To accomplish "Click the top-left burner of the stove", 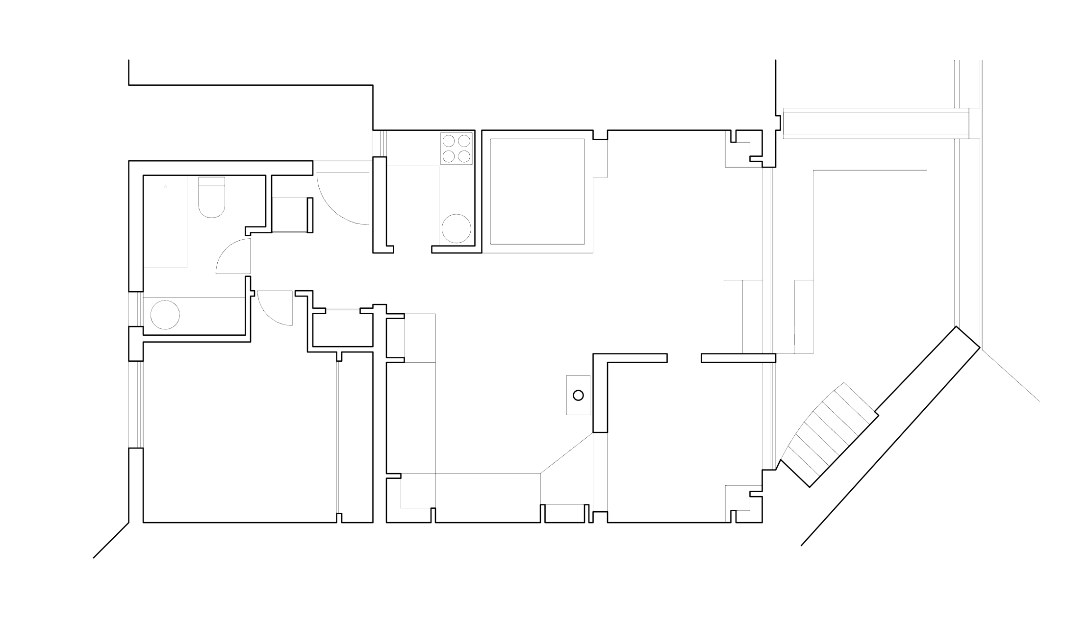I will [x=449, y=141].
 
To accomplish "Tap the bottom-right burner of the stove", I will [x=464, y=156].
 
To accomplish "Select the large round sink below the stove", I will [x=456, y=228].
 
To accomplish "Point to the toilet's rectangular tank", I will [x=211, y=182].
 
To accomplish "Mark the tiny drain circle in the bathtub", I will [x=165, y=187].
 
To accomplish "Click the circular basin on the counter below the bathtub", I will [x=165, y=315].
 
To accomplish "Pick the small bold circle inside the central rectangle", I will [x=578, y=395].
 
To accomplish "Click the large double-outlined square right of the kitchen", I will [x=537, y=191].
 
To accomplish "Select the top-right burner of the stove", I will [x=464, y=141].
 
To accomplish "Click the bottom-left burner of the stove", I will [x=449, y=156].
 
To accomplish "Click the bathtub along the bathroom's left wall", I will [x=165, y=222].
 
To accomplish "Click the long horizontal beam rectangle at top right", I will [x=876, y=124].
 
